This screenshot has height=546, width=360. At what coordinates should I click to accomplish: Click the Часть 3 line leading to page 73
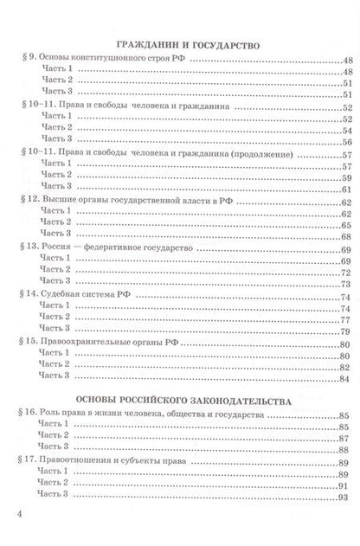[53, 282]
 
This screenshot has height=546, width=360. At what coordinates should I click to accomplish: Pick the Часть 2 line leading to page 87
[53, 439]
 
